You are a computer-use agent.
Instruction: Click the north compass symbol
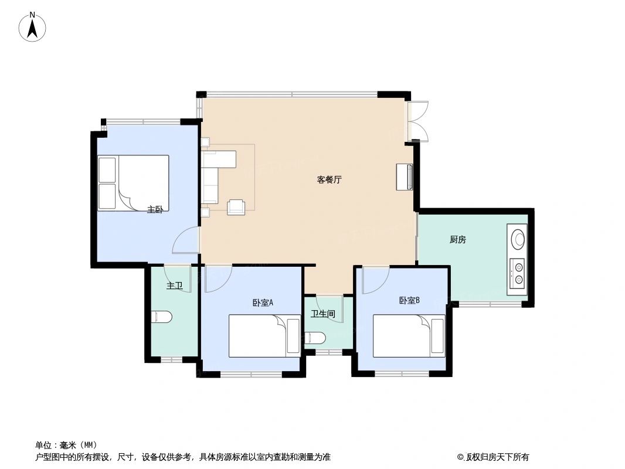[33, 27]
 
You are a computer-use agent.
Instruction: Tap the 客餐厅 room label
[329, 180]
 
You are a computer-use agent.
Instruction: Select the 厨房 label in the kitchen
[457, 239]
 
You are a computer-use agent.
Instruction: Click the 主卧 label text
[155, 209]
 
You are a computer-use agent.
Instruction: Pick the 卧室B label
[409, 301]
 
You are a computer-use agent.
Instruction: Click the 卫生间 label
[322, 314]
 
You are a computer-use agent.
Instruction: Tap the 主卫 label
[174, 286]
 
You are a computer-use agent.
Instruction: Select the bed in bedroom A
[264, 336]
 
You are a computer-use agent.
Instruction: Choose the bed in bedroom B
[409, 336]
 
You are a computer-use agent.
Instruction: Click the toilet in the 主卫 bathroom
[161, 317]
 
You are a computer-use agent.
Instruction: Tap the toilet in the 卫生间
[315, 338]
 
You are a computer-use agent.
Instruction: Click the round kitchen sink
[518, 239]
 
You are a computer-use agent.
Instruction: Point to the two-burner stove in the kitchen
[518, 273]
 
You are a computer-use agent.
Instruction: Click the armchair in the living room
[236, 206]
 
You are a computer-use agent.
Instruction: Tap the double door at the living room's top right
[418, 122]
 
